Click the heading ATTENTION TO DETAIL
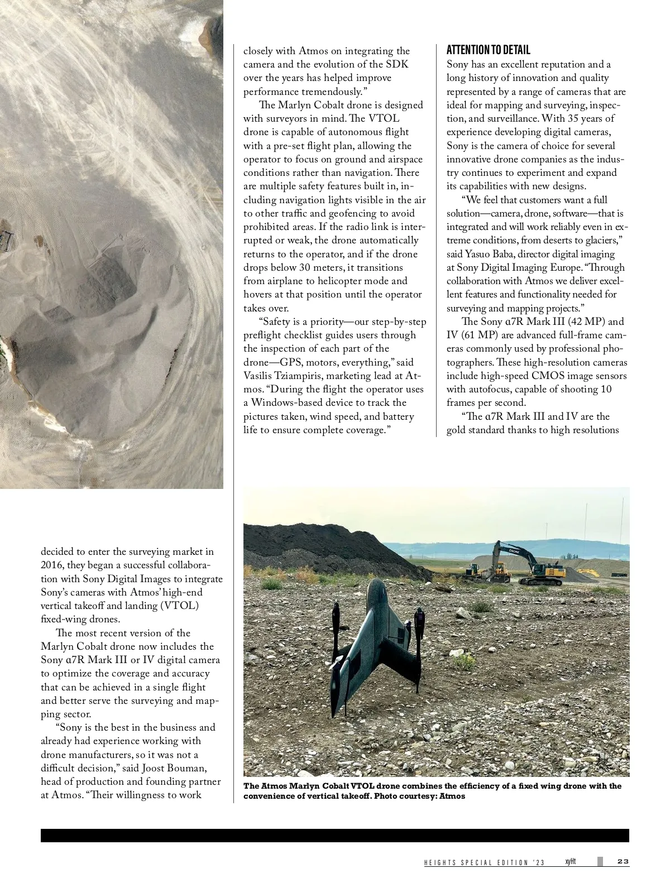click(489, 50)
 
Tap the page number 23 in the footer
click(623, 862)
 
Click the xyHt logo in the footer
click(571, 861)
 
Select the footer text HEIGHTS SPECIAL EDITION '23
click(484, 863)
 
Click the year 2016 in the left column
click(52, 565)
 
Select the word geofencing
click(363, 213)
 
